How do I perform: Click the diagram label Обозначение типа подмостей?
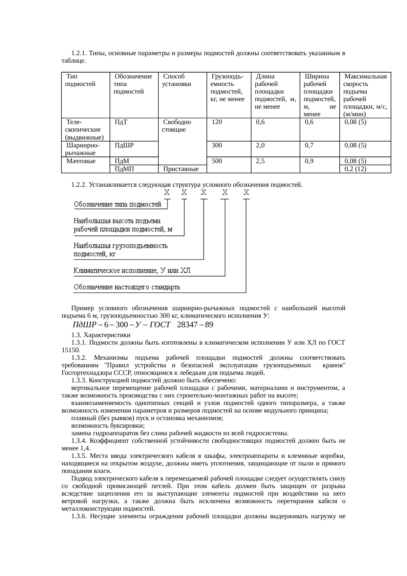tap(118, 204)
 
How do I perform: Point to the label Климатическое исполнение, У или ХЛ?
tap(132, 271)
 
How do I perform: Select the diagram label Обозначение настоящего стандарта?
tap(127, 287)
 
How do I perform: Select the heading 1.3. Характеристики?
tap(101, 335)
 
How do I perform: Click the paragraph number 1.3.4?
tap(79, 441)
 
